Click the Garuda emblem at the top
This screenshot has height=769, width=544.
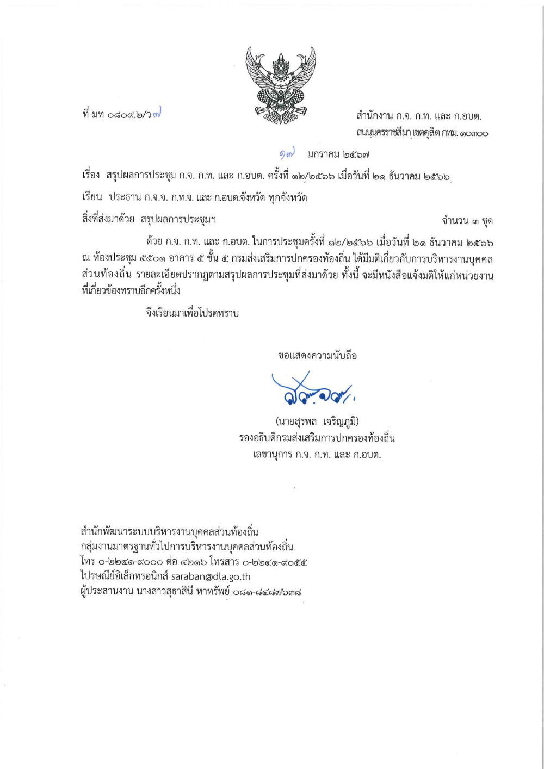coord(280,84)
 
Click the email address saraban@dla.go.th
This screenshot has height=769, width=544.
coord(211,576)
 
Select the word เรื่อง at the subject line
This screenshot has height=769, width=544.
coord(91,175)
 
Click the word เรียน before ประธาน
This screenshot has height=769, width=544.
coord(92,197)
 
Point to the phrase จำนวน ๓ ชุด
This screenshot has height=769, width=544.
coord(467,221)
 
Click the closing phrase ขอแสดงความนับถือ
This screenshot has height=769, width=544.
coord(317,356)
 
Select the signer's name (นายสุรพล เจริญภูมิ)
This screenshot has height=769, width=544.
coord(317,421)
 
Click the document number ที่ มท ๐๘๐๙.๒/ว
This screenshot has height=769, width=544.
coord(117,115)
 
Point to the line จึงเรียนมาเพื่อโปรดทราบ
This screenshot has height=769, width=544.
coord(192,313)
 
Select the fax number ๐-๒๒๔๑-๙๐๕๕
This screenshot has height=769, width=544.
coord(269,561)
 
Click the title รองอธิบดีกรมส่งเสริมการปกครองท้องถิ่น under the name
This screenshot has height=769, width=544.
coord(317,438)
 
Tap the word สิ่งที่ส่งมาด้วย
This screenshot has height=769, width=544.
coord(108,220)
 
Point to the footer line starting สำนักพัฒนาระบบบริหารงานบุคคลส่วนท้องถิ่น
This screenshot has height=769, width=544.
coord(169,531)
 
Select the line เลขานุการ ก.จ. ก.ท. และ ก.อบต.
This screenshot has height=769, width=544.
coord(317,454)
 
